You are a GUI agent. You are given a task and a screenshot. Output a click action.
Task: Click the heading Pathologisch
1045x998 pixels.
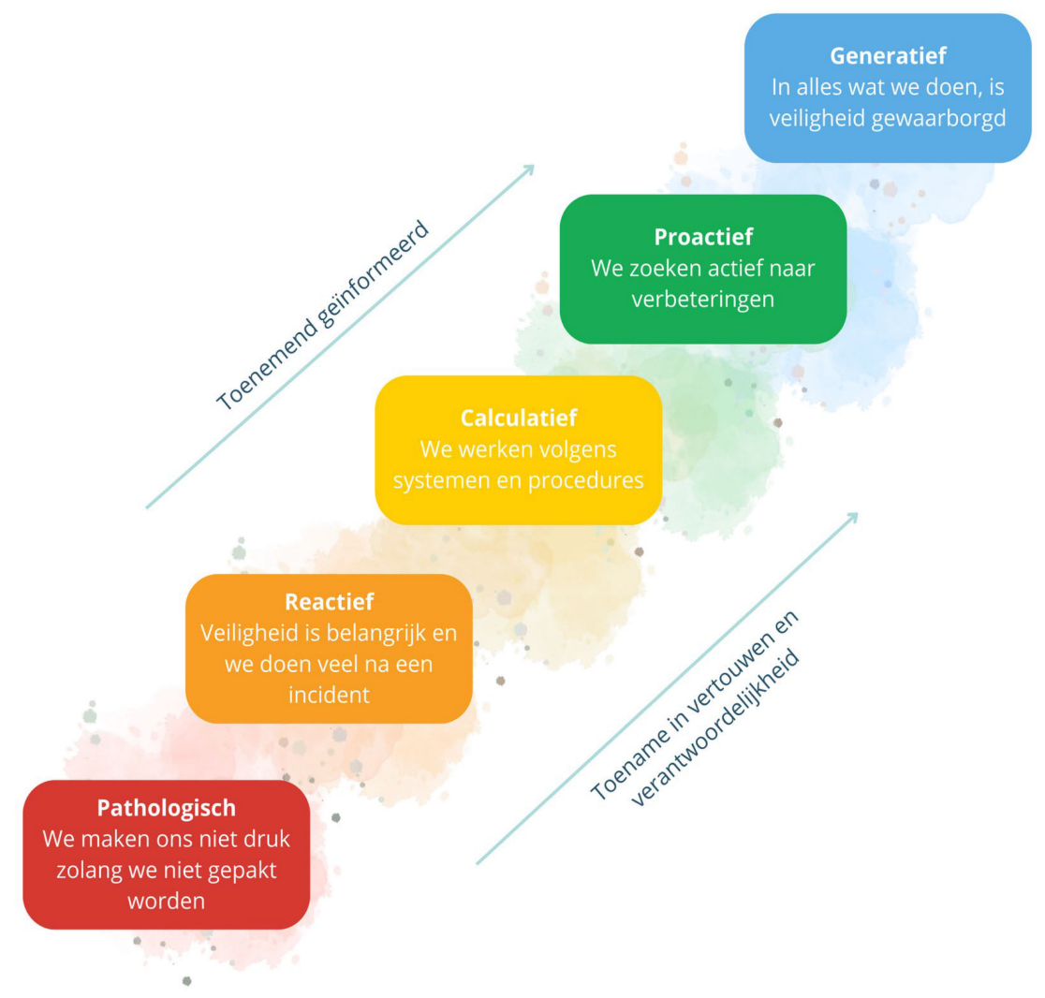[166, 808]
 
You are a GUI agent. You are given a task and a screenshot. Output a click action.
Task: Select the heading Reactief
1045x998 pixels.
[329, 602]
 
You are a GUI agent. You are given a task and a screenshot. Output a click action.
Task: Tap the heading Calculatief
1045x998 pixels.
[518, 418]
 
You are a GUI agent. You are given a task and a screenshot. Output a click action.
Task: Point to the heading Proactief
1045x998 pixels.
[703, 237]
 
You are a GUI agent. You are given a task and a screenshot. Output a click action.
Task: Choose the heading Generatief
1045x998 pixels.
[888, 56]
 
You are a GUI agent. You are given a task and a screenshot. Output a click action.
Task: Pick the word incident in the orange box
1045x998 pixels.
[329, 695]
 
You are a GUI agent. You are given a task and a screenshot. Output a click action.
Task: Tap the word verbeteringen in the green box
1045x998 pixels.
[703, 300]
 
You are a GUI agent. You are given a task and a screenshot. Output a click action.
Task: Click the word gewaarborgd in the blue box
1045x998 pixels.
[947, 119]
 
